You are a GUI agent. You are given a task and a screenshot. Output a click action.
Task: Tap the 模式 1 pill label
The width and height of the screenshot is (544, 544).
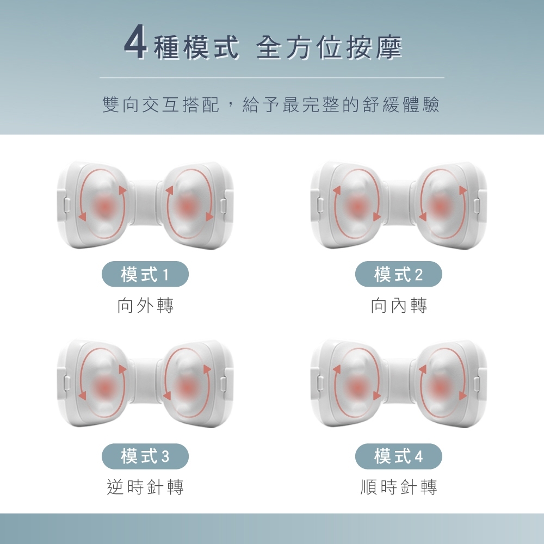pyautogui.click(x=145, y=274)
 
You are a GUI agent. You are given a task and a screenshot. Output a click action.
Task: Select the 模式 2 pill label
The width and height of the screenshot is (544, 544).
pyautogui.click(x=399, y=274)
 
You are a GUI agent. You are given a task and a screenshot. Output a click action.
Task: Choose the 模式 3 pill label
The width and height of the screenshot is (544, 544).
pyautogui.click(x=145, y=456)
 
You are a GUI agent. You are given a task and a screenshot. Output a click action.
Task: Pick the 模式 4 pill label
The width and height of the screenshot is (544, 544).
pyautogui.click(x=399, y=456)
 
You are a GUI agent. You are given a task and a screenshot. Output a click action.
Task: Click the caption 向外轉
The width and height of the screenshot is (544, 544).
pyautogui.click(x=145, y=305)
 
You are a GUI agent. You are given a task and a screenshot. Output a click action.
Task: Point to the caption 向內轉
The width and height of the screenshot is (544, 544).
pyautogui.click(x=399, y=305)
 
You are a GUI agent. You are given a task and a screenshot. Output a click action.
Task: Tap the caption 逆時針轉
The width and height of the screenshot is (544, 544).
pyautogui.click(x=145, y=486)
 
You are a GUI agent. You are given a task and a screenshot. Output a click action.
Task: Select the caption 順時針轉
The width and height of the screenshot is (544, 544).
pyautogui.click(x=399, y=486)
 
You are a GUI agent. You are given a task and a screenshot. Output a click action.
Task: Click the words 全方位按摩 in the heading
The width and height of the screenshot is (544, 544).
pyautogui.click(x=329, y=47)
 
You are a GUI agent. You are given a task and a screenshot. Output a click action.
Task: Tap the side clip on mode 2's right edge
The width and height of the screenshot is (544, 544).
pyautogui.click(x=478, y=206)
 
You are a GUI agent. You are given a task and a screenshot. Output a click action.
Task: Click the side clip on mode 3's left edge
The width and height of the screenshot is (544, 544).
pyautogui.click(x=67, y=384)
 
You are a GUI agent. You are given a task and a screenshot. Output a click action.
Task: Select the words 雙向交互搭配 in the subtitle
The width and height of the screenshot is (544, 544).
pyautogui.click(x=161, y=104)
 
